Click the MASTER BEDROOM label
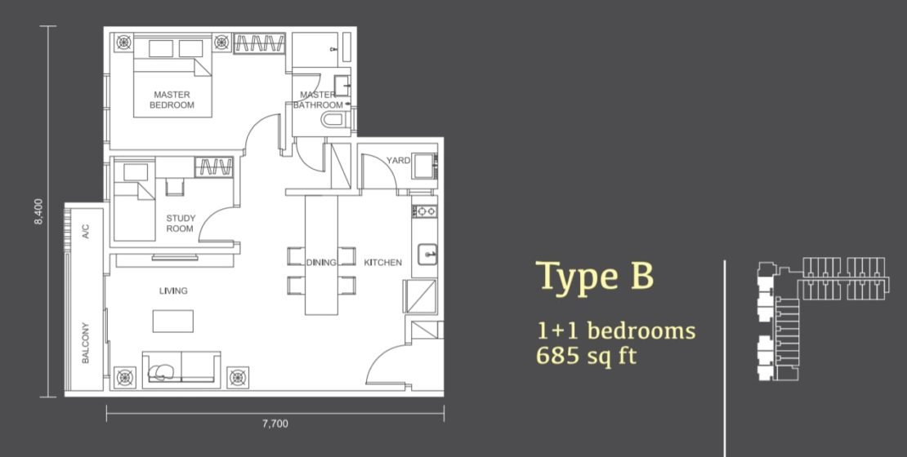pos(172,100)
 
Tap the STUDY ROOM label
pos(181,223)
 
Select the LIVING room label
pos(173,291)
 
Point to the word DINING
pos(321,262)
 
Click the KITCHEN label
pos(383,262)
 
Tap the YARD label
pos(399,160)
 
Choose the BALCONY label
pos(86,343)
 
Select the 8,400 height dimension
pos(38,211)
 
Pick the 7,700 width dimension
pos(275,424)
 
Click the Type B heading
pos(595,276)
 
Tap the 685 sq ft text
pos(586,355)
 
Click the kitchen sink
pos(427,255)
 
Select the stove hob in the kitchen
pos(425,211)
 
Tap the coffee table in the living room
pos(173,322)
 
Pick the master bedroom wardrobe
pos(259,43)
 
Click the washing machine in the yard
pos(425,164)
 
